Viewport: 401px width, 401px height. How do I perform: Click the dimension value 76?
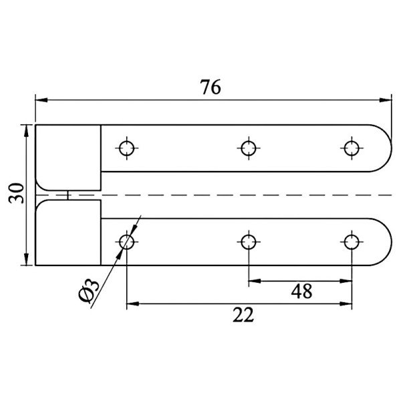pos(211,87)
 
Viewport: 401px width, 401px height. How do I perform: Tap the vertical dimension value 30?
pos(16,193)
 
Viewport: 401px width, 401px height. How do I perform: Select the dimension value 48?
pos(301,291)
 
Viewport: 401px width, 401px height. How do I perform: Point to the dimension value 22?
pos(243,315)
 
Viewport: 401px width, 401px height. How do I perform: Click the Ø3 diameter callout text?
pos(88,291)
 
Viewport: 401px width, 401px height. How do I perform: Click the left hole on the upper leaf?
pos(127,148)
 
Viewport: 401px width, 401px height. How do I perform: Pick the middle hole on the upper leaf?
pos(249,148)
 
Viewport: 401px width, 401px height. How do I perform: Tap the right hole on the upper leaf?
pos(352,148)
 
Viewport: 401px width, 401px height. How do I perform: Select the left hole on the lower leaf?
pos(127,242)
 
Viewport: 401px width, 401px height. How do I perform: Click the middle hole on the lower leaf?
pos(249,242)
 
